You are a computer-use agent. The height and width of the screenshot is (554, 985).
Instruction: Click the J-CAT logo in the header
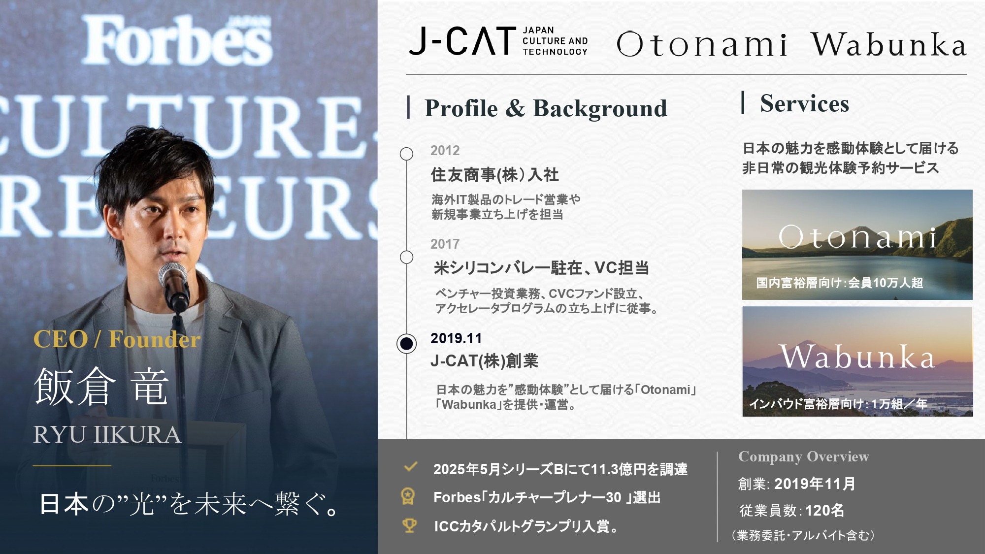tap(498, 41)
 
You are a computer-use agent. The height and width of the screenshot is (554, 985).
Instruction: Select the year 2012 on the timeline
tap(445, 151)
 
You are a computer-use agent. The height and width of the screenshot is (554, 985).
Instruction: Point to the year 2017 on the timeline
tap(445, 244)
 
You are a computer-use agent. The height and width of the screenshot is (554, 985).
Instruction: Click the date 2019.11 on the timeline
tap(456, 338)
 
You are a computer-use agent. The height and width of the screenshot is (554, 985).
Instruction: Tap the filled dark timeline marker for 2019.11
tap(407, 343)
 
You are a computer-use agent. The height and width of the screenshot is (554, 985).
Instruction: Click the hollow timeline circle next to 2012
tap(406, 154)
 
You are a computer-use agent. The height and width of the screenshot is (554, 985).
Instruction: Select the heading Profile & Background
tap(546, 108)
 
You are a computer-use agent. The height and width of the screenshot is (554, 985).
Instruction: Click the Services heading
tap(805, 104)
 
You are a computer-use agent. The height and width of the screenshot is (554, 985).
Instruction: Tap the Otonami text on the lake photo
tap(857, 237)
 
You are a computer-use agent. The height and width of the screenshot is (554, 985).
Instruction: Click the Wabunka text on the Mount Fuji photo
tap(857, 357)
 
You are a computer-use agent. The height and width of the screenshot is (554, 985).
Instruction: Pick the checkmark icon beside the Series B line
tap(410, 467)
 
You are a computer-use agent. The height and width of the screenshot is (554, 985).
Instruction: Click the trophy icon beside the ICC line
tap(409, 525)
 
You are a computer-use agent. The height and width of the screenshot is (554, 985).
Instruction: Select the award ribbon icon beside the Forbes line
tap(408, 496)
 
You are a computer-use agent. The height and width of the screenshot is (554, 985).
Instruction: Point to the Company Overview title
tap(804, 457)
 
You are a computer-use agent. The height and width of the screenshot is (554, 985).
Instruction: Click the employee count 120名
tap(824, 511)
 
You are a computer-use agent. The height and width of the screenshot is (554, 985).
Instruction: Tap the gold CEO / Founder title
tap(117, 339)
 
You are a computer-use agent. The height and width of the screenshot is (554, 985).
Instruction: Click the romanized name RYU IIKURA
tap(107, 435)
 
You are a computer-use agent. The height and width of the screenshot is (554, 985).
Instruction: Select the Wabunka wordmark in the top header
tap(889, 44)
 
